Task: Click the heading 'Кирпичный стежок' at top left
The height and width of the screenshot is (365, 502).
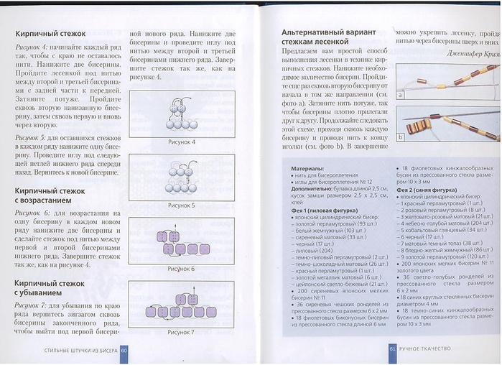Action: tap(50, 33)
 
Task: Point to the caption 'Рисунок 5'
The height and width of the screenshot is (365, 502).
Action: tap(181, 205)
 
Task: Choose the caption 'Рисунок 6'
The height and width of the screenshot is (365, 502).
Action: tap(181, 268)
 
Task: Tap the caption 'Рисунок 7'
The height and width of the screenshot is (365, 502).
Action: tap(181, 331)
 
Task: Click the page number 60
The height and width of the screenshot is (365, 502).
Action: tap(123, 350)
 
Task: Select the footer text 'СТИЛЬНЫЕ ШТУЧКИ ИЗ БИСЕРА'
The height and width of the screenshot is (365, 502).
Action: tap(75, 350)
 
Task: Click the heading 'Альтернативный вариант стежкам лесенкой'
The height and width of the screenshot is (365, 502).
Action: tap(326, 37)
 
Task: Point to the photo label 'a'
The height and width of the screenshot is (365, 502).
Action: tap(400, 94)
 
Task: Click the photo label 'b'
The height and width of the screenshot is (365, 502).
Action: tap(400, 135)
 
